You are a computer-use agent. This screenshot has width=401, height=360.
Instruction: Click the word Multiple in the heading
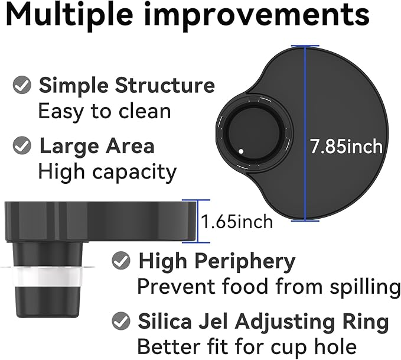[x=69, y=16]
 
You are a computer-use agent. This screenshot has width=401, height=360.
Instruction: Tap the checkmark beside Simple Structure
[x=22, y=85]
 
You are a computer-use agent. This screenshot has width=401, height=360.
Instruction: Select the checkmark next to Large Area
[x=22, y=145]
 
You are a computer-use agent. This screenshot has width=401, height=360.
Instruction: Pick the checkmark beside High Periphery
[x=121, y=261]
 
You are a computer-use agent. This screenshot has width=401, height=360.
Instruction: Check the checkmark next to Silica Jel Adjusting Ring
[x=121, y=320]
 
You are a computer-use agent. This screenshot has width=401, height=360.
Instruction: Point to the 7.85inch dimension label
[x=346, y=147]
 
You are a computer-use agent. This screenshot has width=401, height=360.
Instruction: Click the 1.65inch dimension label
[x=237, y=222]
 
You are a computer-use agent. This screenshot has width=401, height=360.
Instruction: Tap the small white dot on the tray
[x=241, y=151]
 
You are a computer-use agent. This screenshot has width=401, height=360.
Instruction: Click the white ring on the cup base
[x=48, y=277]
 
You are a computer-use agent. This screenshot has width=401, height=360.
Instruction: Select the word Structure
[x=165, y=85]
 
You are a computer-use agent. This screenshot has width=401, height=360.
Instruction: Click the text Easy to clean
[x=105, y=111]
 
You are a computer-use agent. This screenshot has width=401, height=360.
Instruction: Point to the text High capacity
[x=107, y=173]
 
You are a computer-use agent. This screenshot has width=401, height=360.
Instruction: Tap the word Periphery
[x=245, y=262]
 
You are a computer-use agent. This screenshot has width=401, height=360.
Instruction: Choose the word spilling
[x=365, y=287]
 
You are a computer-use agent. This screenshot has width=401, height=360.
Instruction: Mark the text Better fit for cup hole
[x=247, y=347]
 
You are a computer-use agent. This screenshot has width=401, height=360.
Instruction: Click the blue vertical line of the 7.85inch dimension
[x=305, y=133]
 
